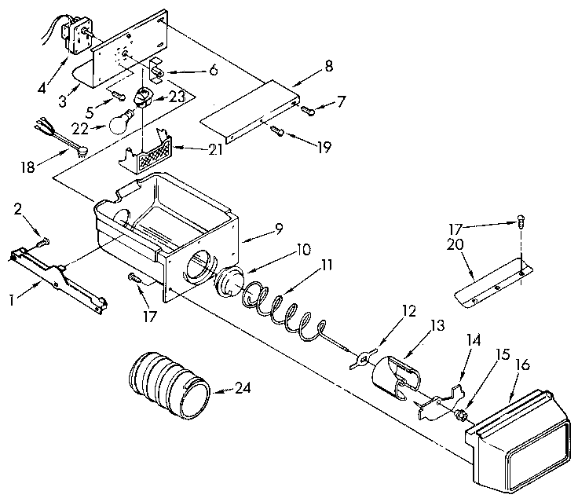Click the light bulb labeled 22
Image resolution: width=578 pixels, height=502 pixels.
(119, 122)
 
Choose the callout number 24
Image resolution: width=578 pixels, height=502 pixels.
(245, 387)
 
